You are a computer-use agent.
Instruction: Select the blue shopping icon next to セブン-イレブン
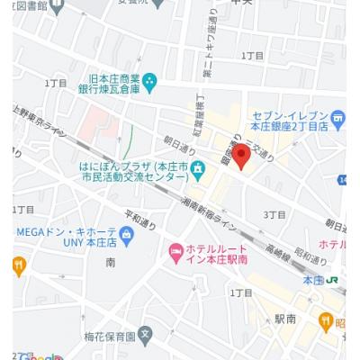[x=337, y=117]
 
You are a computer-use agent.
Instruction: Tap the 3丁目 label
[x=274, y=215]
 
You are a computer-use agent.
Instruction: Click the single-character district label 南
[x=110, y=262]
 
